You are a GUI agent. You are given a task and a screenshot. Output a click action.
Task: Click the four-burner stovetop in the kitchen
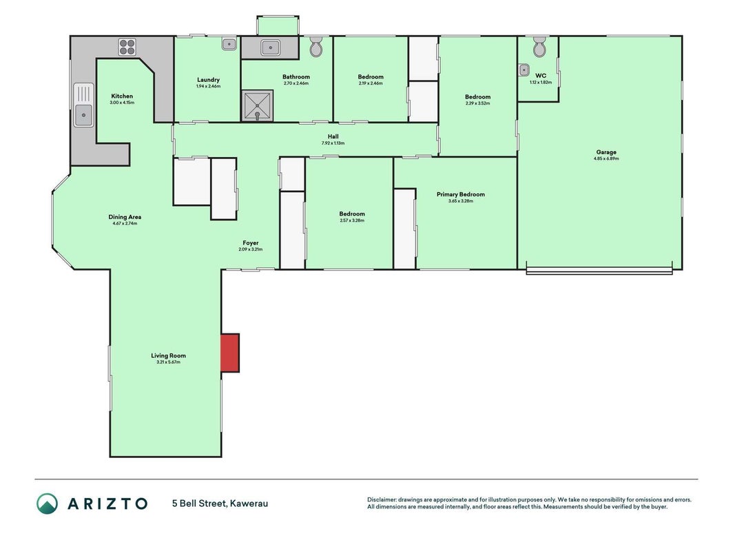pyautogui.click(x=127, y=47)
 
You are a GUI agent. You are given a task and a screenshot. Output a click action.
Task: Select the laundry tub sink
pyautogui.click(x=229, y=44)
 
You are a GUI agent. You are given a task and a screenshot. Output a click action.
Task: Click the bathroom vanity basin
pyautogui.click(x=271, y=48)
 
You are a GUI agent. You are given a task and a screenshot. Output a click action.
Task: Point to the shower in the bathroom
pyautogui.click(x=257, y=105)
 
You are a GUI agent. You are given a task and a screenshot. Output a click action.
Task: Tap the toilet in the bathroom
pyautogui.click(x=316, y=46)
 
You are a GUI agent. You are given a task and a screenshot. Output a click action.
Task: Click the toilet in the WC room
pyautogui.click(x=539, y=46)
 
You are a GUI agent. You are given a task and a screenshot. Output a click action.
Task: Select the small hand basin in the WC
pyautogui.click(x=524, y=70)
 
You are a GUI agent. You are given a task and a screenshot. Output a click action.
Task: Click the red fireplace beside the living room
pyautogui.click(x=230, y=353)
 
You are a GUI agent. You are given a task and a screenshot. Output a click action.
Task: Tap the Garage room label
pyautogui.click(x=606, y=152)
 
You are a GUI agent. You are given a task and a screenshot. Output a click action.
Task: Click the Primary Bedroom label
pyautogui.click(x=461, y=194)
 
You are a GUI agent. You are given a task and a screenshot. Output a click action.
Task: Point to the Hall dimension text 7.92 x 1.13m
pyautogui.click(x=333, y=143)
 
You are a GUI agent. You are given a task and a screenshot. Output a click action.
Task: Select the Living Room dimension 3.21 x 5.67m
pyautogui.click(x=168, y=362)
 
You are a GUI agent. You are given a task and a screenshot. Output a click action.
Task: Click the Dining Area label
pyautogui.click(x=125, y=217)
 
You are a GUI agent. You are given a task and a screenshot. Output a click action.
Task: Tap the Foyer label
pyautogui.click(x=250, y=242)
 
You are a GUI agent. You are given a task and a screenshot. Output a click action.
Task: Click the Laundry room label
pyautogui.click(x=208, y=80)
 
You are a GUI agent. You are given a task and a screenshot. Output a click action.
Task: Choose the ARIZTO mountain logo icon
pyautogui.click(x=48, y=503)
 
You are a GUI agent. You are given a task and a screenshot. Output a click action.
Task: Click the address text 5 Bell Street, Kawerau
pyautogui.click(x=220, y=503)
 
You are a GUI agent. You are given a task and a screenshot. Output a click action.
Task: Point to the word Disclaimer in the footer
pyautogui.click(x=382, y=499)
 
